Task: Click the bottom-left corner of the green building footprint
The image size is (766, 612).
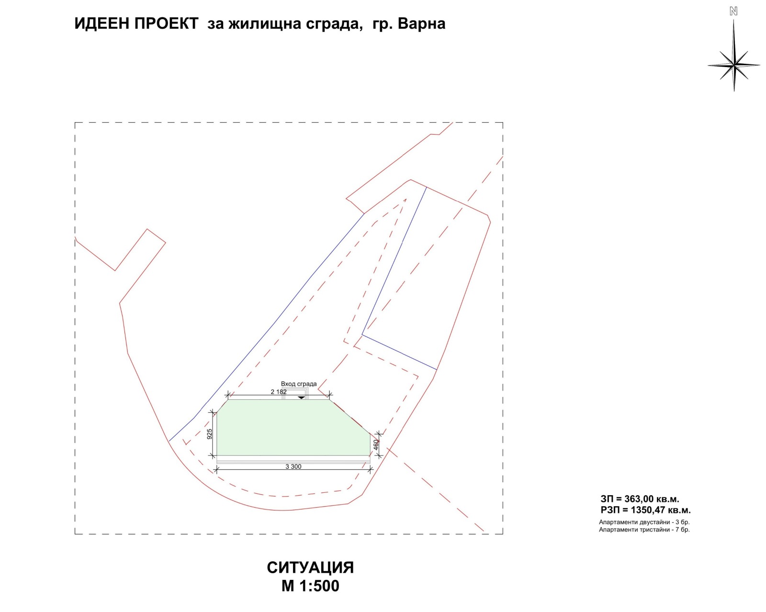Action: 217,455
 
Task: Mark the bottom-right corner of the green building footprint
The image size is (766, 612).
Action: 370,455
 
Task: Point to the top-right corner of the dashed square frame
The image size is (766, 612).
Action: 503,123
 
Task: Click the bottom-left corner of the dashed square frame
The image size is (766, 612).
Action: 75,534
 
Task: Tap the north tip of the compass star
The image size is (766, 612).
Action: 733,20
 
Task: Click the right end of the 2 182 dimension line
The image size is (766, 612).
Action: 329,395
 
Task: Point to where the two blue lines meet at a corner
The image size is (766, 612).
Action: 362,335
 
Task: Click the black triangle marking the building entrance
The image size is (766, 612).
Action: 301,397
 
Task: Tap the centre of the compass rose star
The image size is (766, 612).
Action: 733,65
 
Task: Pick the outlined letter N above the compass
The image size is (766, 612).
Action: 733,11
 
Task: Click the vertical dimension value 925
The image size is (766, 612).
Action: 210,434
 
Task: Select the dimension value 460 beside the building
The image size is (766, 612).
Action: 376,445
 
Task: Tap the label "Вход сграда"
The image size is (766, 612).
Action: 299,384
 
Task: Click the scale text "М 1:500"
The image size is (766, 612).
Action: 310,586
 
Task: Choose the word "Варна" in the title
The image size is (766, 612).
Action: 421,24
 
